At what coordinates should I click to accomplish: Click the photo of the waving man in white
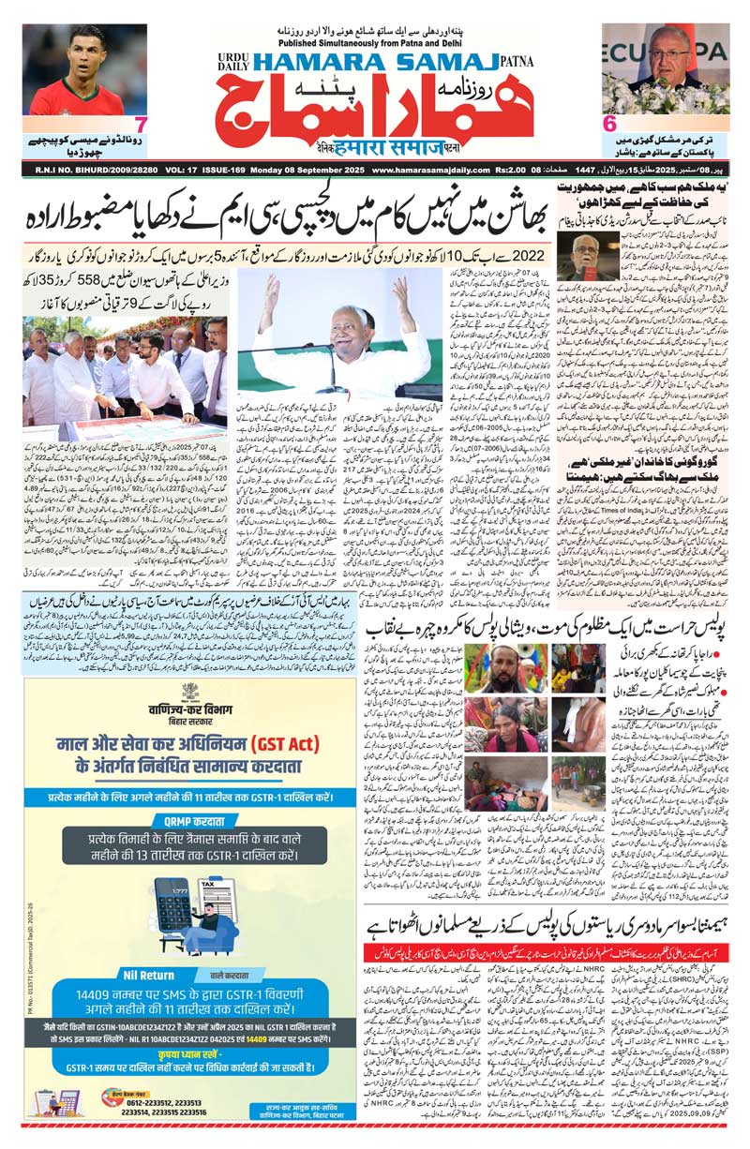[311, 337]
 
